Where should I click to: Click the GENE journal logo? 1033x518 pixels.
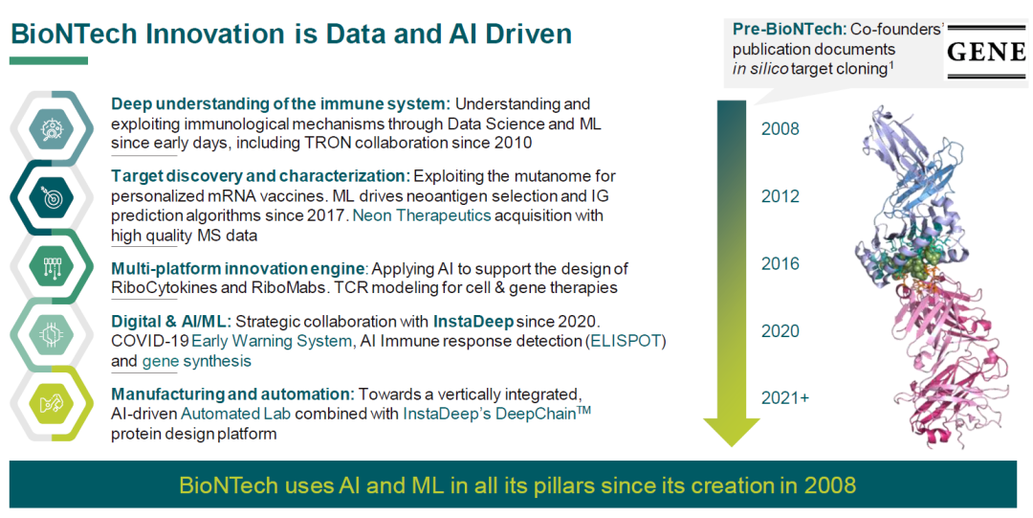click(x=986, y=52)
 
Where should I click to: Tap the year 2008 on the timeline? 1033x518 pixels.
click(x=780, y=128)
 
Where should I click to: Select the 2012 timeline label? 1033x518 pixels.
click(x=780, y=196)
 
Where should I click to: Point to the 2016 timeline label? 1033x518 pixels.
click(x=780, y=263)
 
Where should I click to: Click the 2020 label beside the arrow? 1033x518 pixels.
click(x=780, y=330)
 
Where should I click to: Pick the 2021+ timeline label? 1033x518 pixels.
click(x=785, y=398)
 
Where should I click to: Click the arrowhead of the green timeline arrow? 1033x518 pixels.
click(x=732, y=432)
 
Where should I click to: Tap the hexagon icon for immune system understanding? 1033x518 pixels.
click(x=52, y=128)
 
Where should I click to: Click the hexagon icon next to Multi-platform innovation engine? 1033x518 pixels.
click(x=52, y=266)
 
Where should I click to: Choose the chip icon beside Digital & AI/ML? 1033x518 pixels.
click(x=52, y=335)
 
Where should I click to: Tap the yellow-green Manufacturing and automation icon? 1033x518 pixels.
click(x=52, y=404)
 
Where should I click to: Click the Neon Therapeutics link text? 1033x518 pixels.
click(x=423, y=215)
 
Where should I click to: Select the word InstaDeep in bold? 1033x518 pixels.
click(x=473, y=322)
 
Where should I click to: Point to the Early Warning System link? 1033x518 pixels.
click(x=272, y=342)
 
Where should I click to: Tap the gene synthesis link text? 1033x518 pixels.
click(x=196, y=362)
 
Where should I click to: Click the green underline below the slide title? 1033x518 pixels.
click(x=49, y=60)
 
